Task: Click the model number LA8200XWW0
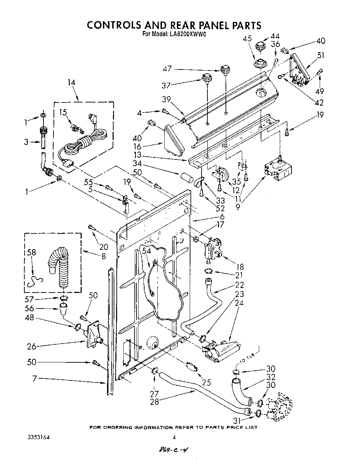[188, 34]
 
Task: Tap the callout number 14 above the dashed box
[71, 82]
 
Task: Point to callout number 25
[206, 383]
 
